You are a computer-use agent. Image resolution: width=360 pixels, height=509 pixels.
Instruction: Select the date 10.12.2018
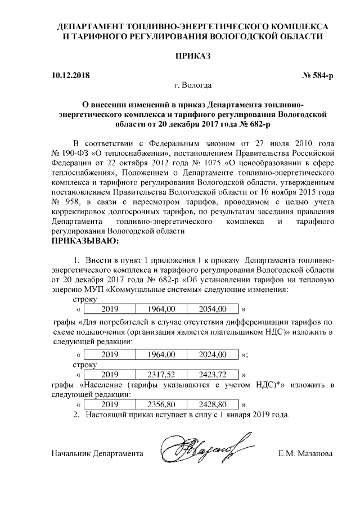(70, 75)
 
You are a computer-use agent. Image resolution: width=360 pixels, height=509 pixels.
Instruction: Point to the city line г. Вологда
(193, 85)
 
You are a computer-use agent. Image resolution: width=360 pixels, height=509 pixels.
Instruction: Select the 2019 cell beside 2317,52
(110, 374)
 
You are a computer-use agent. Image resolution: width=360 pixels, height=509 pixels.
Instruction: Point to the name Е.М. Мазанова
(305, 453)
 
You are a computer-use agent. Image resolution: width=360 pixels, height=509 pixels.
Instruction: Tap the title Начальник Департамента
(97, 453)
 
